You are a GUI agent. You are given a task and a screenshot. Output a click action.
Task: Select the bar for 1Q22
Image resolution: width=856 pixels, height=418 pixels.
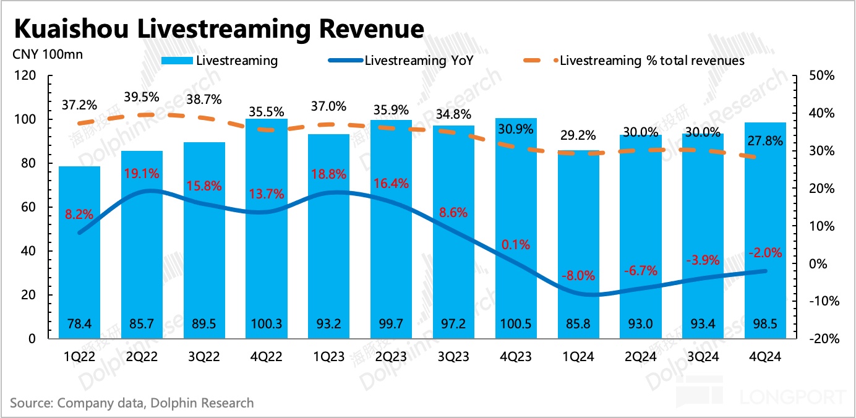pyautogui.click(x=79, y=254)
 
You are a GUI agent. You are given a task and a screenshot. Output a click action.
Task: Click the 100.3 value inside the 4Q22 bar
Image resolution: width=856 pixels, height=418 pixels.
pyautogui.click(x=267, y=323)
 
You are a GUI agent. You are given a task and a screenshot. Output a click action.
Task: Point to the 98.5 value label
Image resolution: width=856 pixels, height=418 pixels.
pyautogui.click(x=765, y=323)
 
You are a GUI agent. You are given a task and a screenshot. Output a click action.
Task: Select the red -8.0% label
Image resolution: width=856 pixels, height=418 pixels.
pyautogui.click(x=578, y=275)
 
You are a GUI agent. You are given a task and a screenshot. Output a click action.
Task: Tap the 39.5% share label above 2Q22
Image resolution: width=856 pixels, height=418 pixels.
pyautogui.click(x=142, y=97)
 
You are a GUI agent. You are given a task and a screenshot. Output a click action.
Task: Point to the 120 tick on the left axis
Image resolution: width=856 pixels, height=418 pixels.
pyautogui.click(x=28, y=75)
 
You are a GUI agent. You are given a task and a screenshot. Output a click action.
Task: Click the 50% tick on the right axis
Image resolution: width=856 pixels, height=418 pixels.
pyautogui.click(x=822, y=75)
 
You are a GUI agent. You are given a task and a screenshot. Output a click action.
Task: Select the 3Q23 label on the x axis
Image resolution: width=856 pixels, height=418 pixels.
pyautogui.click(x=453, y=356)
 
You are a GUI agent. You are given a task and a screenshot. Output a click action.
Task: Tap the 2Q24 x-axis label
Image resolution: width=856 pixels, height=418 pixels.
pyautogui.click(x=640, y=356)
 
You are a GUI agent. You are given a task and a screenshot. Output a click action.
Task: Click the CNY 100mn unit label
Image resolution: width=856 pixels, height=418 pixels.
pyautogui.click(x=47, y=54)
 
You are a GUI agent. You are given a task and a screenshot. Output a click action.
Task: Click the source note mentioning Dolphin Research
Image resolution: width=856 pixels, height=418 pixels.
pyautogui.click(x=132, y=403)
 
